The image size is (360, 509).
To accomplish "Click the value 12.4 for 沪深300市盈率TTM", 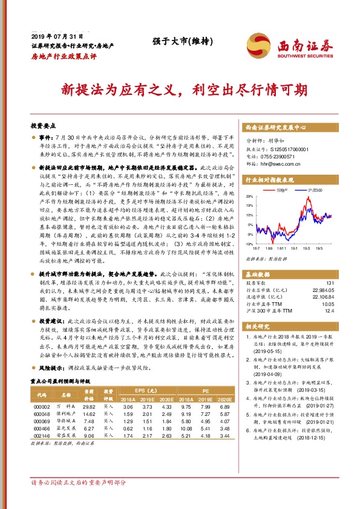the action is click(329, 311).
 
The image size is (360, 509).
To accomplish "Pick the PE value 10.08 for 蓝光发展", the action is click(186, 427).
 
